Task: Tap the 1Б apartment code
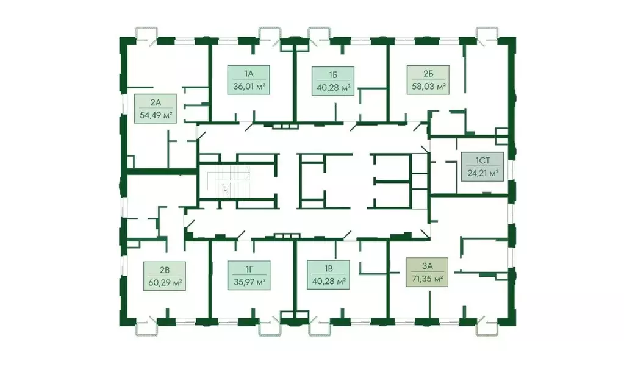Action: (332, 75)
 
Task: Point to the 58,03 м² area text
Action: (428, 86)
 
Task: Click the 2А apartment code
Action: (155, 103)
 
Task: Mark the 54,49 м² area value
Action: (155, 115)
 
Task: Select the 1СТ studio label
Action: (482, 161)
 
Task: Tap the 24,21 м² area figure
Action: (482, 173)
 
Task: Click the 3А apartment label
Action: (426, 266)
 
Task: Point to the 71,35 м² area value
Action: (426, 278)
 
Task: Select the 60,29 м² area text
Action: (164, 282)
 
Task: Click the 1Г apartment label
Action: (249, 269)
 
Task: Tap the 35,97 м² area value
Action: (249, 282)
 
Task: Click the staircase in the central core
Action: (229, 181)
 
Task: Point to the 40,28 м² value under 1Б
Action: (332, 87)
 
